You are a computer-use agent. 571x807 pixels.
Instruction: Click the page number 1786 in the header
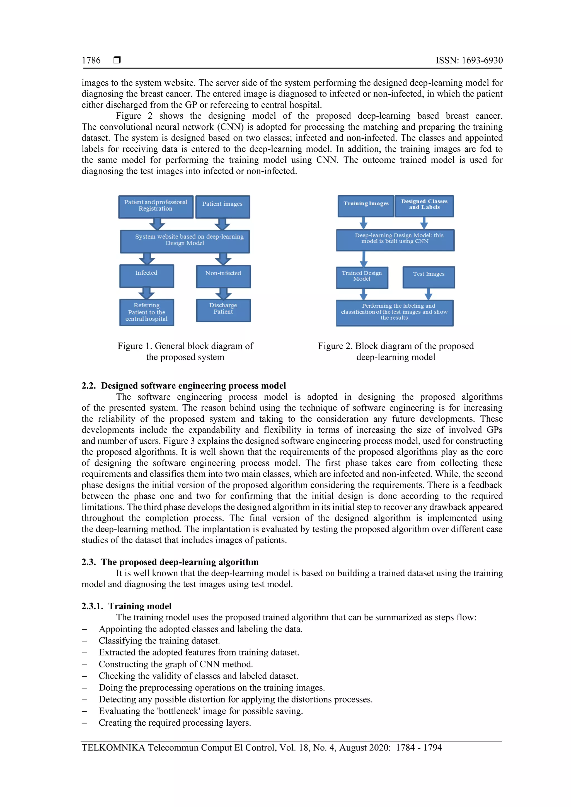click(91, 60)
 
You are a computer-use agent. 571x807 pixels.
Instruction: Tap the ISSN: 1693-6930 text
click(469, 60)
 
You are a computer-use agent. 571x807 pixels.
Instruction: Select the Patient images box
click(222, 207)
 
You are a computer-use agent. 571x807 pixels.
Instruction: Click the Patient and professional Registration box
click(156, 207)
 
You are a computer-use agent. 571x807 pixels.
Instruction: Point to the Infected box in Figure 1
click(147, 276)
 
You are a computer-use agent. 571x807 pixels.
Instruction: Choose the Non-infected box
click(223, 276)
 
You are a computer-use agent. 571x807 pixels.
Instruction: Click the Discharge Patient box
click(223, 310)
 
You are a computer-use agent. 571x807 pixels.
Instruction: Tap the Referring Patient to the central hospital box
click(147, 312)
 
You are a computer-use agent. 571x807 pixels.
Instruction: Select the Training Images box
click(366, 206)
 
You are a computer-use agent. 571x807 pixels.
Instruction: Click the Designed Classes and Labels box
click(424, 206)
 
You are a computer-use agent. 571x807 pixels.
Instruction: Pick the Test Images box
click(429, 277)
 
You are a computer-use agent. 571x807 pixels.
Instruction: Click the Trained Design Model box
click(362, 277)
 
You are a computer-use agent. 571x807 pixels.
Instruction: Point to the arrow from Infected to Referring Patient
click(147, 293)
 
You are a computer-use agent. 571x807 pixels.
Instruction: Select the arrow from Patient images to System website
click(222, 224)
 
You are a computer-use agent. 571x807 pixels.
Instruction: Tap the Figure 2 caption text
click(396, 351)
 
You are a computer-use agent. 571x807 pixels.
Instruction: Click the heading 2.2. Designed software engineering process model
click(183, 386)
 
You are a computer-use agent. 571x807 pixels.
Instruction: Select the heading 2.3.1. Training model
click(127, 606)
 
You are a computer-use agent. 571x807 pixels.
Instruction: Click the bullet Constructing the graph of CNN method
click(176, 664)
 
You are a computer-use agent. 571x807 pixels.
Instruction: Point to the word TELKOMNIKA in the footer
click(113, 747)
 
